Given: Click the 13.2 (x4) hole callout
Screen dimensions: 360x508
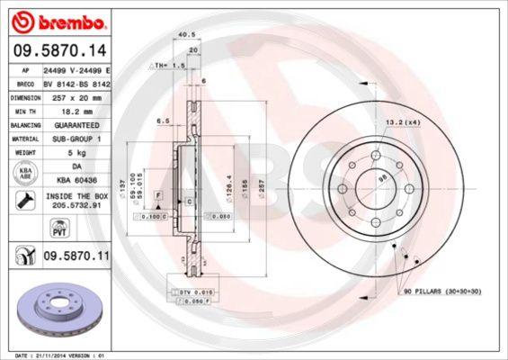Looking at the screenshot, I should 403,121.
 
